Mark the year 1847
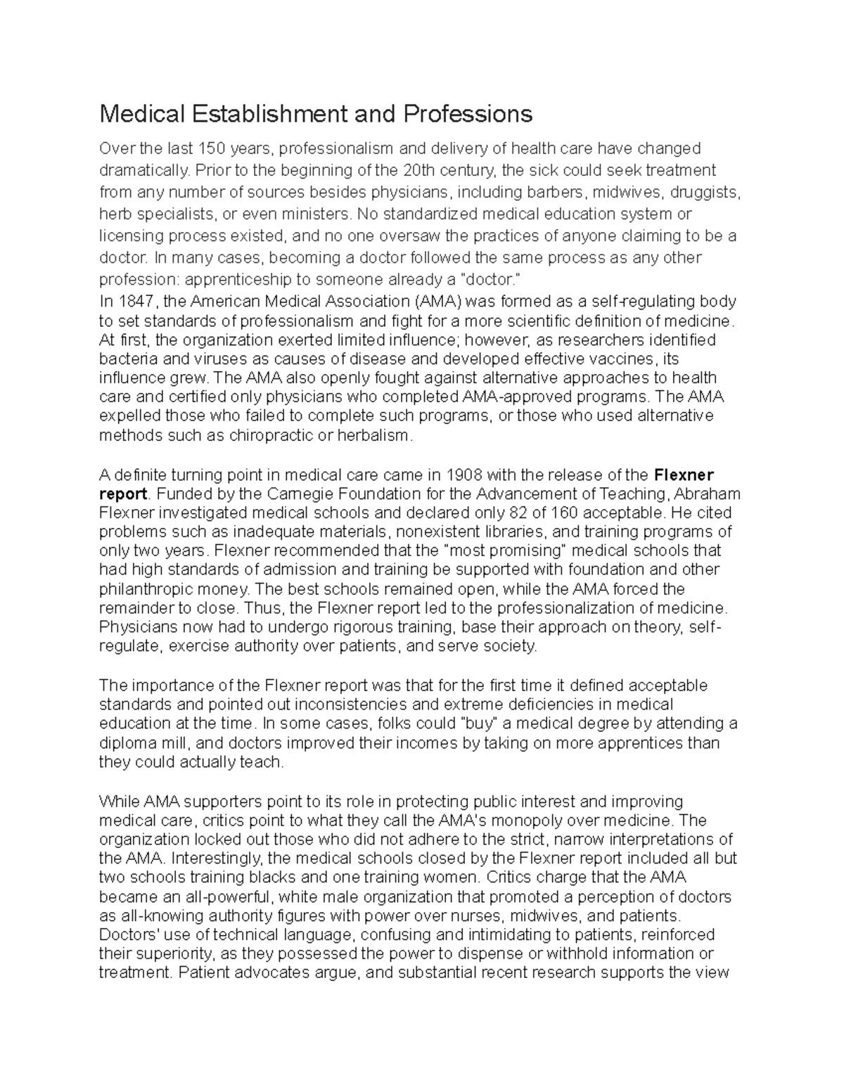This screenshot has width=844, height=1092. click(138, 302)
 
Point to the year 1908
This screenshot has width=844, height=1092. click(465, 474)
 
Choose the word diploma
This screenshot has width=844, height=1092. click(124, 743)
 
